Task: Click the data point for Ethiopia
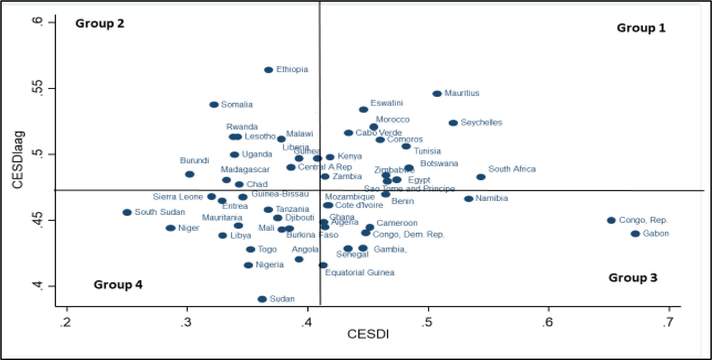[x=268, y=70]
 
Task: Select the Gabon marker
[x=635, y=234]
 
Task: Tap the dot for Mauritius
[x=437, y=94]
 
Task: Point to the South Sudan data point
[x=127, y=212]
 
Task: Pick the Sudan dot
[x=262, y=299]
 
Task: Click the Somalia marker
[x=214, y=104]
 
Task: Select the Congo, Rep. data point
[x=611, y=220]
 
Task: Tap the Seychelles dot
[x=453, y=123]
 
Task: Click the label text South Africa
[x=512, y=169]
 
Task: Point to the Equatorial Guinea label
[x=359, y=273]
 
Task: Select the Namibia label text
[x=491, y=198]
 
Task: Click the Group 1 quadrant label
[x=641, y=28]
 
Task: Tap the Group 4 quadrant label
[x=118, y=285]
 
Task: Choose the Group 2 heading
[x=99, y=24]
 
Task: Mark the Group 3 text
[x=632, y=278]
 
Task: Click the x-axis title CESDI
[x=368, y=334]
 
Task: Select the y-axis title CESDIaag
[x=18, y=160]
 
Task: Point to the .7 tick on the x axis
[x=668, y=323]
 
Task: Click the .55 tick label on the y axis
[x=38, y=88]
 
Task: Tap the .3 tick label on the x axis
[x=186, y=323]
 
